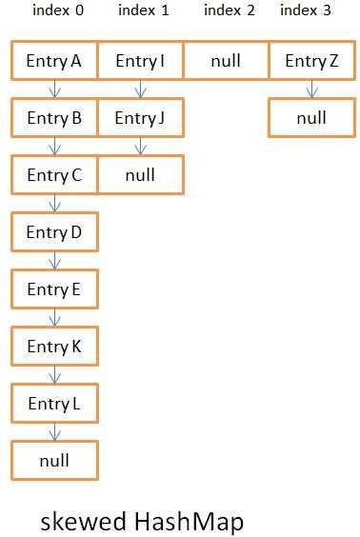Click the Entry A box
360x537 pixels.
(54, 61)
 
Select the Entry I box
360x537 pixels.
(140, 61)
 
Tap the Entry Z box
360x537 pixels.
(311, 61)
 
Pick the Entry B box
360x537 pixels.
(54, 119)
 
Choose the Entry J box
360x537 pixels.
(140, 119)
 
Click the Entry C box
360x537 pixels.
(54, 176)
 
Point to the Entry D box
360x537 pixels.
(54, 233)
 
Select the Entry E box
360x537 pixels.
(54, 290)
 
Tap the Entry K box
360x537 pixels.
(54, 348)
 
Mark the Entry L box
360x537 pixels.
(54, 405)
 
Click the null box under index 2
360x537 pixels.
(226, 61)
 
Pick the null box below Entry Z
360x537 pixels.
(311, 119)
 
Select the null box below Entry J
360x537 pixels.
(140, 176)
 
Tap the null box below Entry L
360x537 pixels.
(54, 462)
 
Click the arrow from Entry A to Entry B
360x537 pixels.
(55, 89)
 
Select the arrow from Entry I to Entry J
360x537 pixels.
(141, 89)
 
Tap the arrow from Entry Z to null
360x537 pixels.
(312, 89)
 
